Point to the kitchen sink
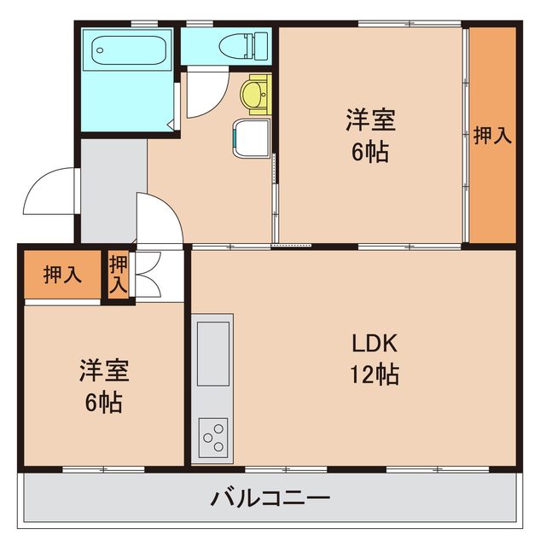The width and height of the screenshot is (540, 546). [213, 352]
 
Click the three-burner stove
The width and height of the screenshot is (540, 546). [212, 438]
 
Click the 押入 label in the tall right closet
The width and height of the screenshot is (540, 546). [492, 135]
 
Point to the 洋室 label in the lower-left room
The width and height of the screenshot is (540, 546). [104, 370]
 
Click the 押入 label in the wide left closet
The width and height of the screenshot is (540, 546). [62, 275]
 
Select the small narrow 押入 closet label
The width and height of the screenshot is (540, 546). [118, 275]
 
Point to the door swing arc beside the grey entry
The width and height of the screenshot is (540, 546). [159, 219]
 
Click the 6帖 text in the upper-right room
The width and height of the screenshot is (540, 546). [369, 152]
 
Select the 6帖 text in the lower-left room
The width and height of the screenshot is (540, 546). [104, 401]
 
